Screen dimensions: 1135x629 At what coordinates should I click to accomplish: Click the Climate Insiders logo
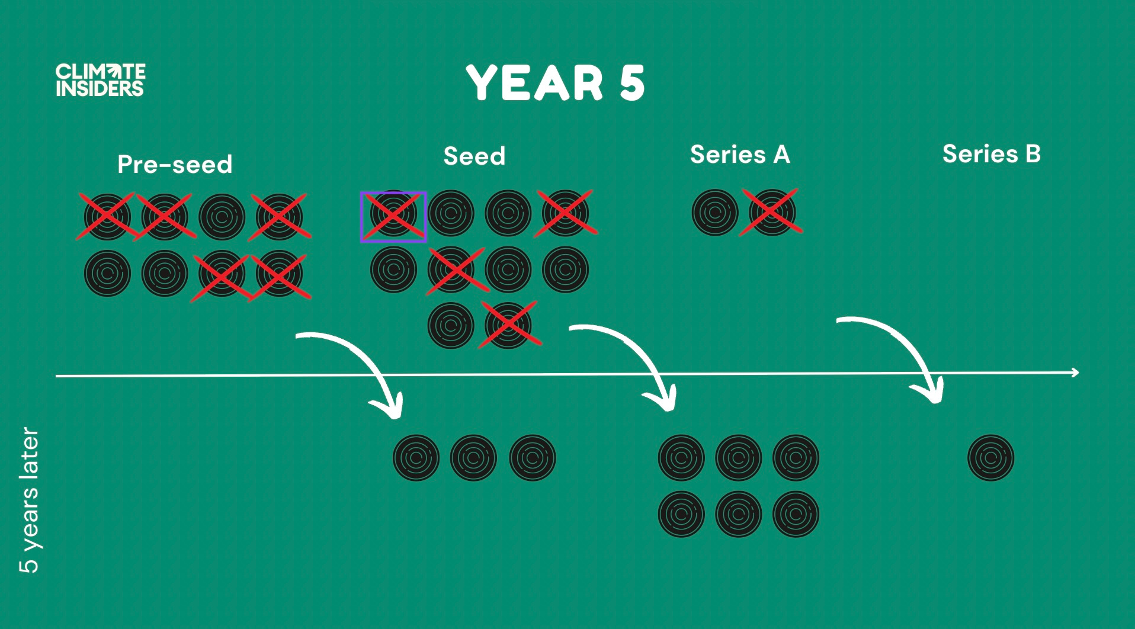(100, 80)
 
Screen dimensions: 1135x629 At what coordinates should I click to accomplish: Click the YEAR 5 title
(555, 83)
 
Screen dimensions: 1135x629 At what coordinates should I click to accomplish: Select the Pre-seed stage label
(175, 164)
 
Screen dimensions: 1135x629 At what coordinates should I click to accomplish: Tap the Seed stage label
(474, 156)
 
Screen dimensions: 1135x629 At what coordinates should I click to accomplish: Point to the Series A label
(740, 155)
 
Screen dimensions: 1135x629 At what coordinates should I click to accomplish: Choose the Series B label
(991, 154)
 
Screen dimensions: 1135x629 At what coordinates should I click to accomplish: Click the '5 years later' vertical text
(29, 499)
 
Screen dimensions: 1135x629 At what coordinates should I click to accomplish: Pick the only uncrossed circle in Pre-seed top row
(222, 217)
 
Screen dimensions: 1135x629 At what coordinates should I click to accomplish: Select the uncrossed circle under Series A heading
(715, 212)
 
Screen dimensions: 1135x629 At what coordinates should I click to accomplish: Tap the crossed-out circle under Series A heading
(772, 212)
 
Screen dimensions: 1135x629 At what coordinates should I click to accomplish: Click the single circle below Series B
(990, 457)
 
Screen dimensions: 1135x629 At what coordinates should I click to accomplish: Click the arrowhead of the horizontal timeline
(1075, 373)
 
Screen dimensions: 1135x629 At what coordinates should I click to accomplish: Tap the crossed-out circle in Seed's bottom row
(508, 325)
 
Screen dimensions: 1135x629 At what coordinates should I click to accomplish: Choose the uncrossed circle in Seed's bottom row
(451, 325)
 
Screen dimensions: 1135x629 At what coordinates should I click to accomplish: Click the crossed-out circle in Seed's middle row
(451, 270)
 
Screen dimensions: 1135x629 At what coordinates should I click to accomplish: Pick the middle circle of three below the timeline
(473, 457)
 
